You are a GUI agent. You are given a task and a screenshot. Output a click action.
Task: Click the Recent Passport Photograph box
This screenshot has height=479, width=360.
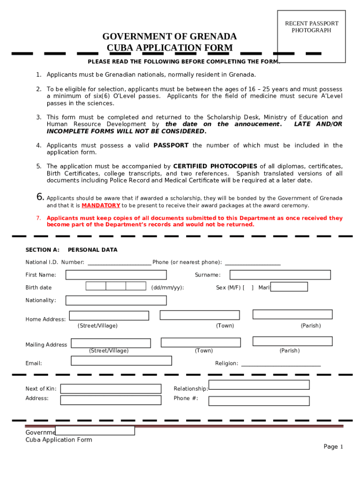point(311,36)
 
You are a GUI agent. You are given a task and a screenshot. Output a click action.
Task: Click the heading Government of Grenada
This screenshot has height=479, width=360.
point(169,36)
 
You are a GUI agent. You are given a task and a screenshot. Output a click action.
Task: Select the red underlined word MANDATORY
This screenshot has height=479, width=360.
point(101,205)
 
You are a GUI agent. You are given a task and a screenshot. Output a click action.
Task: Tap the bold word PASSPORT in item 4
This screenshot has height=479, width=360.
point(171,145)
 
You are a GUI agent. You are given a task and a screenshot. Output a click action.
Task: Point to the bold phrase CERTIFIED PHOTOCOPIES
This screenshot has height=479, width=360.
point(215,166)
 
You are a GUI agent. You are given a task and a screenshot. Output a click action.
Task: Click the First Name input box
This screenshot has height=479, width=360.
point(116,275)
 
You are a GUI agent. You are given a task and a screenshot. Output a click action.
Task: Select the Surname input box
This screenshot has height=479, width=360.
point(274,275)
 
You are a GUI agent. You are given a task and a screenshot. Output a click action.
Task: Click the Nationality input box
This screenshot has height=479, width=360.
point(116,300)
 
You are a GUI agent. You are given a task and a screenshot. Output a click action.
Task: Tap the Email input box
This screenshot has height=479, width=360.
point(121,361)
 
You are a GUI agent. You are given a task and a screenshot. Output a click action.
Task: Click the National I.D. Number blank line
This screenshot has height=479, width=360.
point(119,263)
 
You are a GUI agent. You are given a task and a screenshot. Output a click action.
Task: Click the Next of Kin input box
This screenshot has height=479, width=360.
point(111,389)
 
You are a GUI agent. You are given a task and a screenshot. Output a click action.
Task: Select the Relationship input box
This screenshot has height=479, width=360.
point(259,385)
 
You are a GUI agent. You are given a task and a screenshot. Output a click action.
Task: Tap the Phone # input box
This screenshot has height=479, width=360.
point(259,401)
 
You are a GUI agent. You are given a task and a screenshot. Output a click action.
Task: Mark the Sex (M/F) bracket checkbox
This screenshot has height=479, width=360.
point(248,288)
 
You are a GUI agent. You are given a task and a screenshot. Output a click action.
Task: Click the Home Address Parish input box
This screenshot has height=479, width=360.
point(292,314)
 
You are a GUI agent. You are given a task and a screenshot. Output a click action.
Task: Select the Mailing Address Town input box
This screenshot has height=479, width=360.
point(201,342)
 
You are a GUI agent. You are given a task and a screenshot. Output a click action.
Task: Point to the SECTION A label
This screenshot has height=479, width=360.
point(43,250)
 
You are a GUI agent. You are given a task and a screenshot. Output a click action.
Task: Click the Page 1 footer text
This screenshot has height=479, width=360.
point(333,447)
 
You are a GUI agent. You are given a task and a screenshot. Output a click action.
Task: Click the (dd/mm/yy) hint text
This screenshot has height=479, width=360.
point(167,288)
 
